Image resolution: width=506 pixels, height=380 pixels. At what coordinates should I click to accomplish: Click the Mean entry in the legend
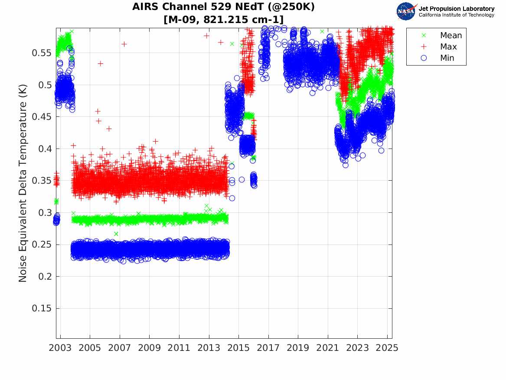coord(451,36)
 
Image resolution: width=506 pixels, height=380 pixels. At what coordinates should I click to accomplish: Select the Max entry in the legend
coord(448,47)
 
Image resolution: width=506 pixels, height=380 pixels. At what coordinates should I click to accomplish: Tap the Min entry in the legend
coord(447,58)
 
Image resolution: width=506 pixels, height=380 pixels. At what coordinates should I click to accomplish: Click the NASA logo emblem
coord(407,11)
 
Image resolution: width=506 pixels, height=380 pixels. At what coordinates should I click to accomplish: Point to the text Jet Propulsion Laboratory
coord(456,9)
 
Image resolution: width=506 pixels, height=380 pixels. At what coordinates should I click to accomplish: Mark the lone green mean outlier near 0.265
coord(116,234)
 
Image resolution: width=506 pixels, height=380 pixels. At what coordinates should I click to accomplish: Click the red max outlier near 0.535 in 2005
coord(100,63)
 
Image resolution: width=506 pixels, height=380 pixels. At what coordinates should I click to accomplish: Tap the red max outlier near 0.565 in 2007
coord(124,44)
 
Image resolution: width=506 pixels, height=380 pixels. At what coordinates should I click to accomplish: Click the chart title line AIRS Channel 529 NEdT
coord(224,7)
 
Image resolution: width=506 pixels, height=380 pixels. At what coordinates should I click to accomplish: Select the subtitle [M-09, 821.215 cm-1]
coord(224,20)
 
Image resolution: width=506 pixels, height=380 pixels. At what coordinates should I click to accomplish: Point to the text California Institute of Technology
coord(456,15)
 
